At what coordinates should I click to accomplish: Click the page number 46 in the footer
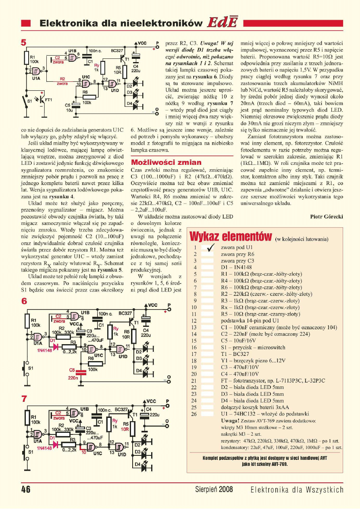tap(26, 490)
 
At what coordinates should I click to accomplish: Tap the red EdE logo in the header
tap(222, 23)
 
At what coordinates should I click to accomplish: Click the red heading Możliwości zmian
tap(166, 162)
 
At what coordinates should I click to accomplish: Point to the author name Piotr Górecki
tap(327, 216)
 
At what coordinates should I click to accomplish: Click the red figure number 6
tap(24, 301)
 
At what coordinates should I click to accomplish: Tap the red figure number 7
tap(24, 399)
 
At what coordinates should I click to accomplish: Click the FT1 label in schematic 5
tap(48, 100)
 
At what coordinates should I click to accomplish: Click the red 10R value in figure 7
tap(125, 429)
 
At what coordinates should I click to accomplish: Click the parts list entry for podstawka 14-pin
tap(248, 321)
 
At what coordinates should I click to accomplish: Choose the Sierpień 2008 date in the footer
tap(214, 490)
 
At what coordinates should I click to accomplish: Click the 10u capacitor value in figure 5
tap(69, 109)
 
